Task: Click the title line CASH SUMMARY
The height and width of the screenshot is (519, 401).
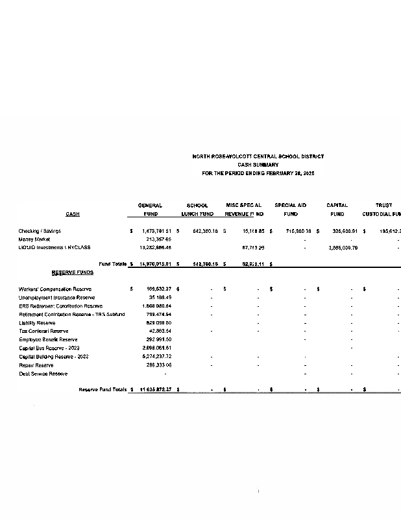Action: [x=258, y=165]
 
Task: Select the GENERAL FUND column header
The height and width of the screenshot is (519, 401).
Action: [x=151, y=210]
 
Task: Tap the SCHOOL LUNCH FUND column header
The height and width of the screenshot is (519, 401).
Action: [x=197, y=210]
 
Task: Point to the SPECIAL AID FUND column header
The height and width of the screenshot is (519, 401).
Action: [x=291, y=210]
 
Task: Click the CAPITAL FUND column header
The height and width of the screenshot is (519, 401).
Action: [x=337, y=210]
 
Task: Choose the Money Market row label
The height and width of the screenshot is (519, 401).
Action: [x=34, y=239]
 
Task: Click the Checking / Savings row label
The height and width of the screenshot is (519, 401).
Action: [x=40, y=230]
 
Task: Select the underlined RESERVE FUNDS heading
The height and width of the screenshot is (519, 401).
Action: [x=73, y=272]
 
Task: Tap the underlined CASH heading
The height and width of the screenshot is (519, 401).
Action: [x=73, y=214]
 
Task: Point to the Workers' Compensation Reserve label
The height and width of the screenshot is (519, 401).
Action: [x=55, y=289]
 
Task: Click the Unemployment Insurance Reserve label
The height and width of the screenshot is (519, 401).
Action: [x=56, y=297]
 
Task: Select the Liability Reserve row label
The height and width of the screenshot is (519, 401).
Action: [x=37, y=322]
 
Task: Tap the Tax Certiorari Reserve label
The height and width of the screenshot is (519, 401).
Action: [x=43, y=331]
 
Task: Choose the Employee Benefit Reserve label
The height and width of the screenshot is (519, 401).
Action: [x=48, y=339]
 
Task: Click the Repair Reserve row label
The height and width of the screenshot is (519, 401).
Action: [x=36, y=365]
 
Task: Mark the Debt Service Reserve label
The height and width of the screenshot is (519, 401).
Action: [x=43, y=374]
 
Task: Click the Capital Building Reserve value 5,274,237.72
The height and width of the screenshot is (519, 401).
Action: [x=158, y=356]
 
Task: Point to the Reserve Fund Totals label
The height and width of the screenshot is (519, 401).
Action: [x=103, y=389]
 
